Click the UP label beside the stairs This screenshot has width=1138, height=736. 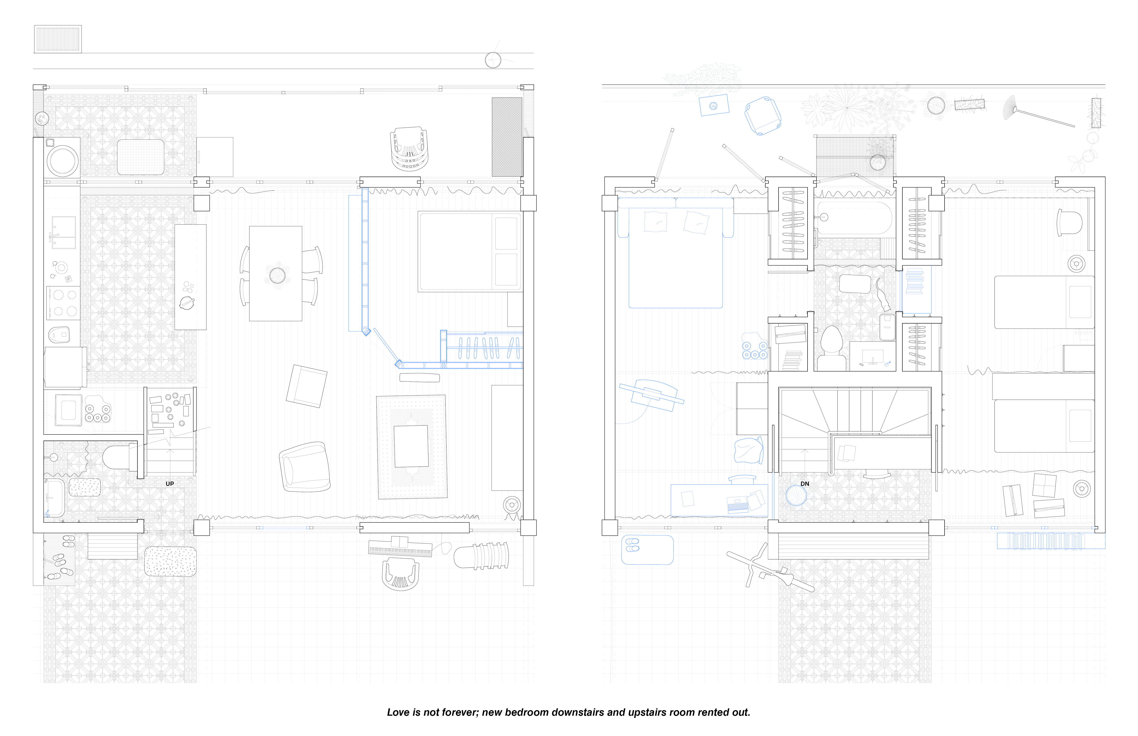coord(170,484)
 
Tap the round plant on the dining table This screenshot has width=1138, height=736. coord(277,275)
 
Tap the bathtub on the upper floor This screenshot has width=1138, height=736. coord(854,218)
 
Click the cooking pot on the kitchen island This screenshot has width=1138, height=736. coord(187,303)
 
